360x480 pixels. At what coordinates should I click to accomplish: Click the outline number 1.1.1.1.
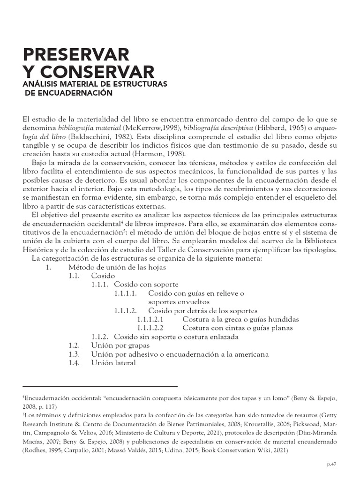tap(125, 293)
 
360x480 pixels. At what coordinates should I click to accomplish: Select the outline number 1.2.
tap(75, 345)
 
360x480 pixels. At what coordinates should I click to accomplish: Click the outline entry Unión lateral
tap(113, 362)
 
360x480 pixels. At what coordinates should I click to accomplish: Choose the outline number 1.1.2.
tap(100, 337)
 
